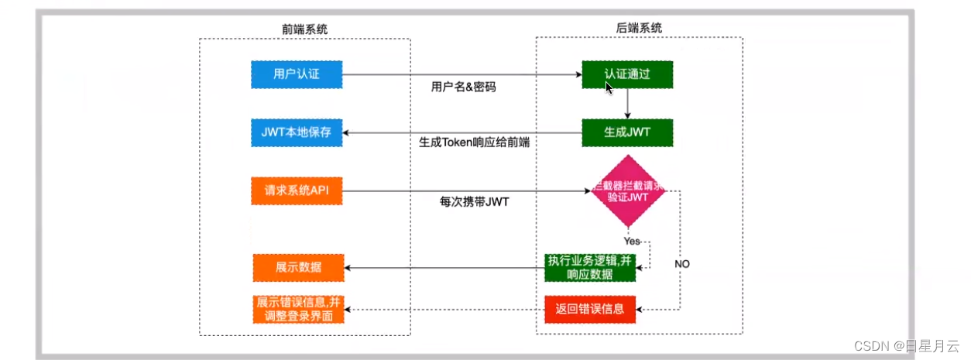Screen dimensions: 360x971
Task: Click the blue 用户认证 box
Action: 297,75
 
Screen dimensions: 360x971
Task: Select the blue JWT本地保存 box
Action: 297,133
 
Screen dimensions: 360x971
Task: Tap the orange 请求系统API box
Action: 297,191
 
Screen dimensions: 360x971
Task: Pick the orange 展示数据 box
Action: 298,268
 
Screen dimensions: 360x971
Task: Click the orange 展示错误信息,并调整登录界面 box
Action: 298,309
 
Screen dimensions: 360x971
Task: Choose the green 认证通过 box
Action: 628,75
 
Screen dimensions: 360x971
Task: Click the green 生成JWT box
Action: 628,132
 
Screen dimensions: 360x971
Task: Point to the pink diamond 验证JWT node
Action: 628,192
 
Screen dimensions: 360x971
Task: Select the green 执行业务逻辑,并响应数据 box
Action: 590,268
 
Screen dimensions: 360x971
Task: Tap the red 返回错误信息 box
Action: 590,310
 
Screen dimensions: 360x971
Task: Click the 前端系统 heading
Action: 304,29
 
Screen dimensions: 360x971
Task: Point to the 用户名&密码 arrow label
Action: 463,87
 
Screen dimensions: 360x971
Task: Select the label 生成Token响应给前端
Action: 475,143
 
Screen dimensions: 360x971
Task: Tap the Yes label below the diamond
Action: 632,241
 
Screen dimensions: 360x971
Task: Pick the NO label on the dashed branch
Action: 681,264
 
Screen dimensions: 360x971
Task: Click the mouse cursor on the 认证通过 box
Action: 609,87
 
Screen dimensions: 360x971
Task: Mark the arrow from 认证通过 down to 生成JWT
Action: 628,104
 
